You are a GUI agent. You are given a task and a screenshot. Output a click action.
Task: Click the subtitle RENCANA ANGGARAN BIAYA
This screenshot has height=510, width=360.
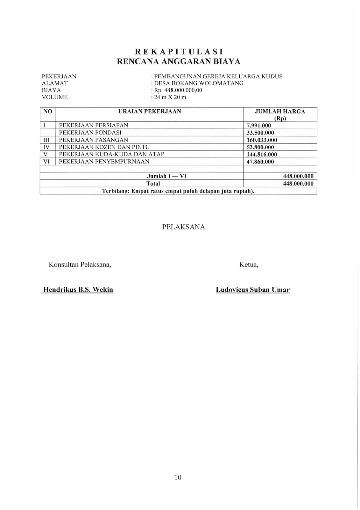pos(179,62)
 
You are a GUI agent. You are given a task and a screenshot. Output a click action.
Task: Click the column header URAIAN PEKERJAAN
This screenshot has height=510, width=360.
pos(150,112)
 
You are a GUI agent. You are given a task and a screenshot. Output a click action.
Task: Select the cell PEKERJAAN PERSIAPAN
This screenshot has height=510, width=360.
pos(94,125)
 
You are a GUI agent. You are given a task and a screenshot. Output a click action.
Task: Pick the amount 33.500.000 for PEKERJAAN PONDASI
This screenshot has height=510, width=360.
pos(260,133)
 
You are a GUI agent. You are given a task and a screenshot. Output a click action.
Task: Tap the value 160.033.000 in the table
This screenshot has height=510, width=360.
pos(262,140)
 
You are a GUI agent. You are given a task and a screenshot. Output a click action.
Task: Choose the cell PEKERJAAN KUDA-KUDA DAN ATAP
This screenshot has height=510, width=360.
pos(111,154)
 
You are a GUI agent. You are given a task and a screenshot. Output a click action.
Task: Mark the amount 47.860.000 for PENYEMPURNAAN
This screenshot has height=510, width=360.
pos(260,162)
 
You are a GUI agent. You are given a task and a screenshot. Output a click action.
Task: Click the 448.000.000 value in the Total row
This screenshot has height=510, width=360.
pos(298,184)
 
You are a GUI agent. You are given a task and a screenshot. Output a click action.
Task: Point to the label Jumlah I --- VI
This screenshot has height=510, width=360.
pos(166,176)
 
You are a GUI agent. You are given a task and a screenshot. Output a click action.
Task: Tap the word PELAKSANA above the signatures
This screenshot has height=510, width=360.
pos(184,227)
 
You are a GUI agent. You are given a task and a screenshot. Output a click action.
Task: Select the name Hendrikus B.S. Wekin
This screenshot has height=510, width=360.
pos(78,290)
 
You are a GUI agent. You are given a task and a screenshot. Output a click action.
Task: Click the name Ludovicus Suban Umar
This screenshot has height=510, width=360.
pos(253,290)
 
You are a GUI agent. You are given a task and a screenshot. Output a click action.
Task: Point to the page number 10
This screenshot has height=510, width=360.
pos(178,477)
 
